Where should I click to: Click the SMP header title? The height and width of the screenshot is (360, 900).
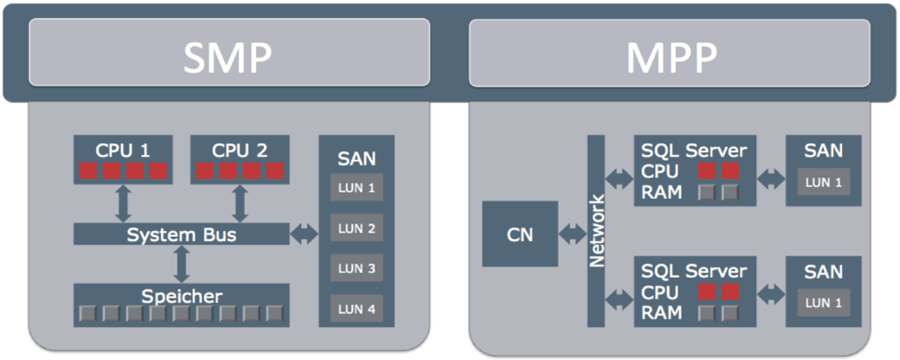pos(228,58)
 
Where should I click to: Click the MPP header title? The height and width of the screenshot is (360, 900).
pos(672,58)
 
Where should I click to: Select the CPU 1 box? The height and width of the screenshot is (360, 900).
pos(123,159)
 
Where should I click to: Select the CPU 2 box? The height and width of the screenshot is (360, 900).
pos(240,159)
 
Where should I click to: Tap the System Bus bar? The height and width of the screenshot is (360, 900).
pos(182,235)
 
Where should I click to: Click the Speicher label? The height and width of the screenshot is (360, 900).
pos(182,296)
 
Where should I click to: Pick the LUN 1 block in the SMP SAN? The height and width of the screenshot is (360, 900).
pos(357,189)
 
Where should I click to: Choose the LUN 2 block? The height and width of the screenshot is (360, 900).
pos(357,228)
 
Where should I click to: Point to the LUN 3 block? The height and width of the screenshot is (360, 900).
pos(357,268)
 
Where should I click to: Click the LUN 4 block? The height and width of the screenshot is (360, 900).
pos(357,309)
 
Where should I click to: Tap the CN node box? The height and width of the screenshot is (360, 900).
pos(520,235)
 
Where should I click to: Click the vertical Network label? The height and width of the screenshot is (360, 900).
pos(597,231)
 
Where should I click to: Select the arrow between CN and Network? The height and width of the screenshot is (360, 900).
pos(573,234)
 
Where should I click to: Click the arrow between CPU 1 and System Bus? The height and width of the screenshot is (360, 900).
pos(123,204)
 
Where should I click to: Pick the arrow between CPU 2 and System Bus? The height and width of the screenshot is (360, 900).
pos(240,204)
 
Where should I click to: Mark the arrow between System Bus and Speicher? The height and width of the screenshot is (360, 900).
pos(182,264)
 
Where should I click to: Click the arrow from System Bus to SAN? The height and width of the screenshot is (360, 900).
pos(305,234)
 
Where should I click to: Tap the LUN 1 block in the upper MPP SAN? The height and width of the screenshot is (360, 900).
pos(823,183)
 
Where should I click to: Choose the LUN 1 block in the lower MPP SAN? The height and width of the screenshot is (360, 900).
pos(823,303)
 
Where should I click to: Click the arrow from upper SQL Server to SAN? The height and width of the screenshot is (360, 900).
pos(771,178)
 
